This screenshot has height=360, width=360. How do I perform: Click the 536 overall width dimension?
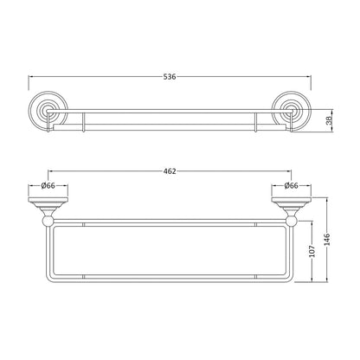pyautogui.click(x=170, y=77)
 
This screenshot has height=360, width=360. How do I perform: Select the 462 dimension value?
pyautogui.click(x=170, y=171)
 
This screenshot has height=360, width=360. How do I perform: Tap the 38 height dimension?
pyautogui.click(x=329, y=120)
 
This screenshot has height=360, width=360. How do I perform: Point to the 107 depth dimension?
pyautogui.click(x=312, y=251)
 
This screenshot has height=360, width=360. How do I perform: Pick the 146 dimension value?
pyautogui.click(x=327, y=240)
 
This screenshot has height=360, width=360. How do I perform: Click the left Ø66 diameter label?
pyautogui.click(x=48, y=185)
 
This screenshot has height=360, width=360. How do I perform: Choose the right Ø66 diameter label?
pyautogui.click(x=291, y=185)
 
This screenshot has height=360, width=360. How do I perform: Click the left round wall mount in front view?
pyautogui.click(x=48, y=111)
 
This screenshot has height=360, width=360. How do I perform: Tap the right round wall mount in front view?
pyautogui.click(x=291, y=111)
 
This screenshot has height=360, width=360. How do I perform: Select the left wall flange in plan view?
pyautogui.click(x=48, y=200)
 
